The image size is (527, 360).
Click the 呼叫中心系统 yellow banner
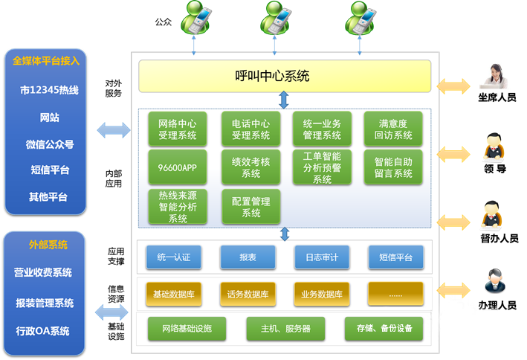285,76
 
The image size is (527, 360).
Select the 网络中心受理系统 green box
178,129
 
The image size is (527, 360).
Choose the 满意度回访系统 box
392,129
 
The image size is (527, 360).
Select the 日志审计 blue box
321,257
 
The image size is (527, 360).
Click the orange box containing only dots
395,294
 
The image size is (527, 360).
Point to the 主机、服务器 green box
285,328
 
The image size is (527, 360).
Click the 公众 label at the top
164,22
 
